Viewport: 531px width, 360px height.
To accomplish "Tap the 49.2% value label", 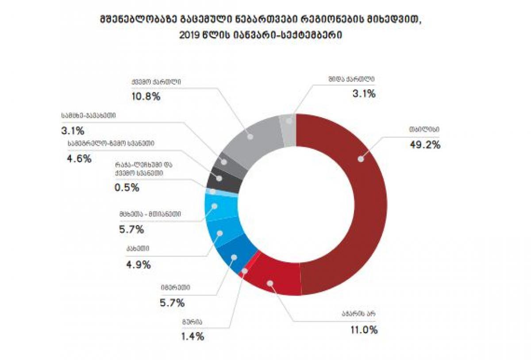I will pyautogui.click(x=425, y=145).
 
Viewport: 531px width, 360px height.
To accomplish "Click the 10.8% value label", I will pyautogui.click(x=146, y=96).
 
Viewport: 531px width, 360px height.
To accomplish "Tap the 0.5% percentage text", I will pyautogui.click(x=127, y=188).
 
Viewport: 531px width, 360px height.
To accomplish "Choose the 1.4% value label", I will pyautogui.click(x=192, y=337).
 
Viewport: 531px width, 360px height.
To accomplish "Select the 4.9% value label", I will pyautogui.click(x=139, y=265).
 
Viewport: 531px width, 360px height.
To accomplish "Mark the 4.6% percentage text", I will pyautogui.click(x=80, y=158).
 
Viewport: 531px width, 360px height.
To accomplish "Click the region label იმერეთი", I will pyautogui.click(x=175, y=287).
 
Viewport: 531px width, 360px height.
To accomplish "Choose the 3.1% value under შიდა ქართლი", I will pyautogui.click(x=364, y=94).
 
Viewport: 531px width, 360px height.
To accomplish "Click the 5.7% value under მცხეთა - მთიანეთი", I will pyautogui.click(x=131, y=230).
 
